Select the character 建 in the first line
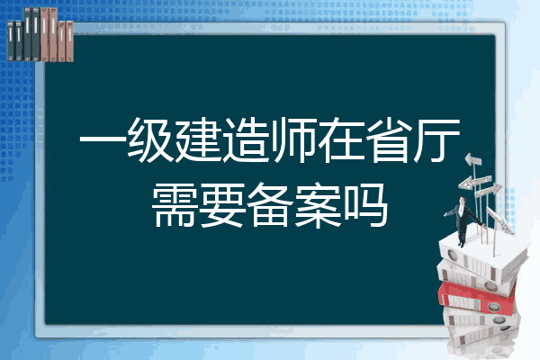click(x=198, y=139)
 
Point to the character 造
click(x=246, y=139)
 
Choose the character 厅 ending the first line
click(x=437, y=139)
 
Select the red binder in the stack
click(x=476, y=298)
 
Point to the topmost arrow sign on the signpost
click(x=472, y=159)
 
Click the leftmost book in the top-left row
click(x=11, y=41)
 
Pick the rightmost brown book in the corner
click(x=70, y=41)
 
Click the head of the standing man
click(x=463, y=200)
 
